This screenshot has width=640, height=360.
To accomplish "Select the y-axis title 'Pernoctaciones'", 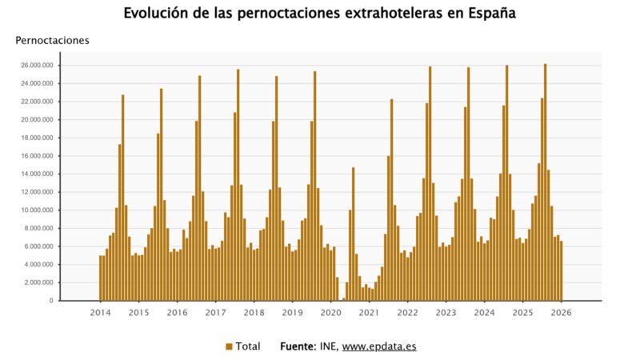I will pos(52,40).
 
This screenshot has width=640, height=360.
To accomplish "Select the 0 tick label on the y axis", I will pos(51,301).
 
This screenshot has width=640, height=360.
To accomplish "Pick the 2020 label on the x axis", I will pos(330,312).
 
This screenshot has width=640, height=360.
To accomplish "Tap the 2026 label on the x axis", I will pos(562,312).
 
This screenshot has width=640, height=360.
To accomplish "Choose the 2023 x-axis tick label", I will pos(446,312).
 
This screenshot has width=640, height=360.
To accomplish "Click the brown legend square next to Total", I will pos(229,346).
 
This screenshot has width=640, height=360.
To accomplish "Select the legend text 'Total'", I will pos(248,346).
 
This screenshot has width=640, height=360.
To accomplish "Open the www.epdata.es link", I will pos(379,346).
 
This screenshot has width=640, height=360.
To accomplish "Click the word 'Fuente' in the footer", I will pos(298,346).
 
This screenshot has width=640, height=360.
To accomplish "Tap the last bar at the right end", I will pos(562,270).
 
